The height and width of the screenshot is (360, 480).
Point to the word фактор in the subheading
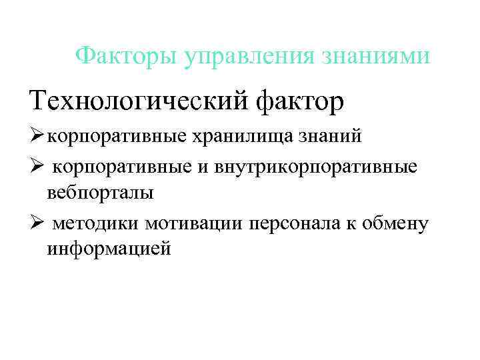(x=301, y=102)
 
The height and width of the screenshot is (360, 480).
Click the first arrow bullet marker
(x=37, y=137)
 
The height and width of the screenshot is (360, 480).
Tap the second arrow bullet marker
(x=37, y=166)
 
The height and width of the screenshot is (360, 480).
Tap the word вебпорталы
(x=100, y=193)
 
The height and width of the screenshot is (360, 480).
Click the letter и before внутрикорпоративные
(x=202, y=167)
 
